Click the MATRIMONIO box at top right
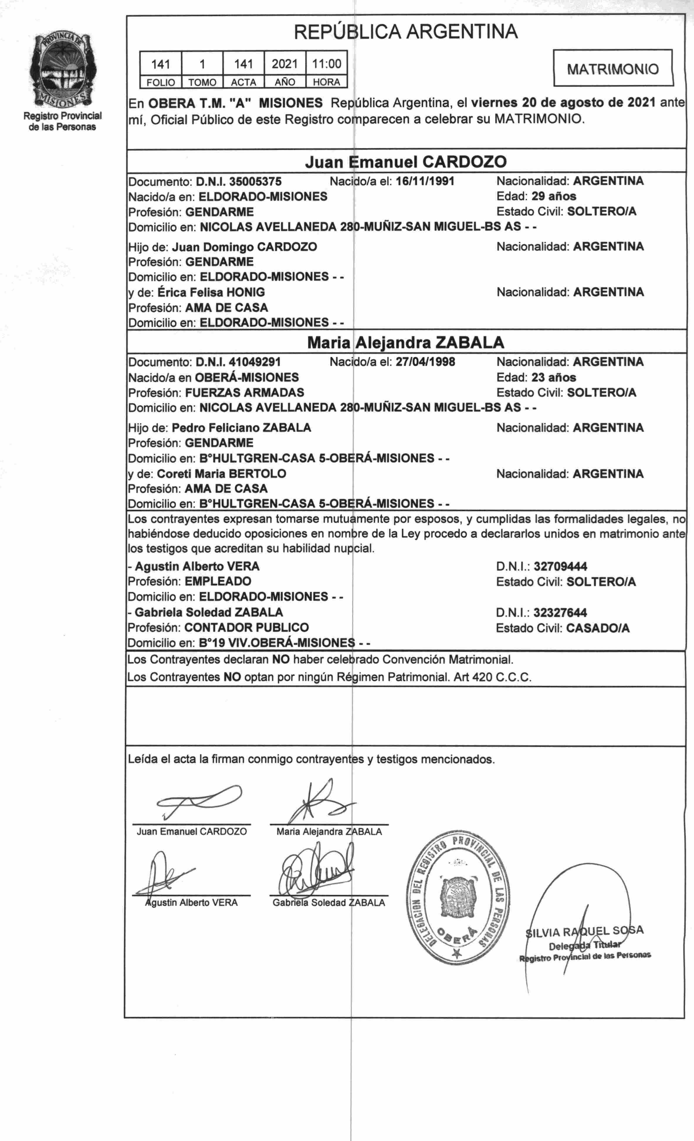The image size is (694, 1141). [x=613, y=69]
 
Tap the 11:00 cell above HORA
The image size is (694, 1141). [x=326, y=64]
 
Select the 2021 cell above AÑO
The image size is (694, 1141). [x=285, y=64]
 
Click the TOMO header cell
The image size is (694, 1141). [x=202, y=82]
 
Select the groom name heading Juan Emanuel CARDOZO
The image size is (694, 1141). [x=406, y=162]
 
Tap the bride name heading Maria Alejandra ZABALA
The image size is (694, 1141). [x=406, y=343]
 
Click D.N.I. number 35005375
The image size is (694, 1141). [x=255, y=181]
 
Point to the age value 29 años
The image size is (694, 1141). [x=554, y=196]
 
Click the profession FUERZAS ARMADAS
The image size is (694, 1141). [x=244, y=393]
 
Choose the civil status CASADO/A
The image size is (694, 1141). [x=598, y=628]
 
